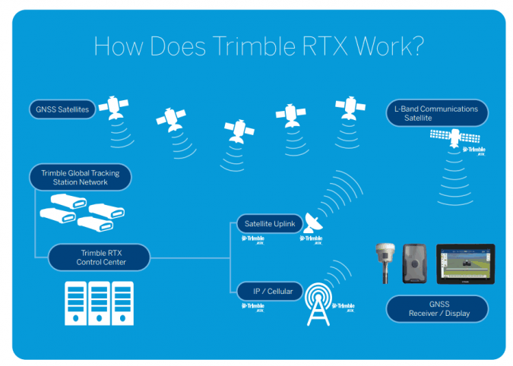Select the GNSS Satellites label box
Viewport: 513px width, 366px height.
coord(62,110)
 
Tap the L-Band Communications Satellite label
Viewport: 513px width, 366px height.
coord(436,113)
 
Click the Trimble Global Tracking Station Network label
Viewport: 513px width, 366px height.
coord(80,178)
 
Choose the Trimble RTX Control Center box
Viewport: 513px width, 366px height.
coord(99,257)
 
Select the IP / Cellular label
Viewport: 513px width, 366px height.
coord(268,291)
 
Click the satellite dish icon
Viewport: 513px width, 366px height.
coord(312,224)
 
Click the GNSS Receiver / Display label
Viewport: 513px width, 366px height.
coord(436,308)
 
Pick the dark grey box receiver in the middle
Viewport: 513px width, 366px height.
coord(416,263)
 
